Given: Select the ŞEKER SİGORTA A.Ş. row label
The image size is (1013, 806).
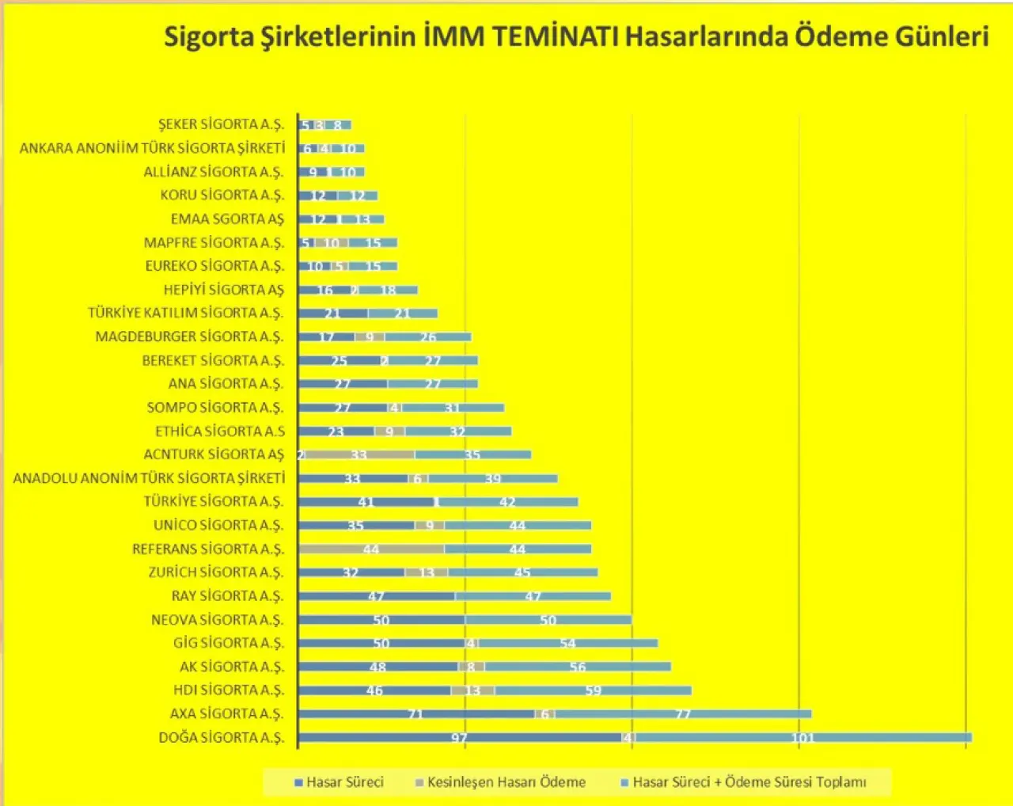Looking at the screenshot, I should click(221, 124).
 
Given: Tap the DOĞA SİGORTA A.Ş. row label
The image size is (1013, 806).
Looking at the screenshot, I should click(221, 737).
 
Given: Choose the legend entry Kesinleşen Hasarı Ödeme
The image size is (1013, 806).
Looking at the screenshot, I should click(500, 782).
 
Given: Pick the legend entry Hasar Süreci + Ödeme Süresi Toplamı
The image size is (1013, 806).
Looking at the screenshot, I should click(743, 782).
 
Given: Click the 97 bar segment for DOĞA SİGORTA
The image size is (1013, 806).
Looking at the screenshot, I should click(460, 738).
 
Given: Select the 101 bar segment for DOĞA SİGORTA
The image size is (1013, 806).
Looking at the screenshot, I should click(803, 738).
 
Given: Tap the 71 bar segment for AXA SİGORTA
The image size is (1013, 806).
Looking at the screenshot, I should click(416, 714).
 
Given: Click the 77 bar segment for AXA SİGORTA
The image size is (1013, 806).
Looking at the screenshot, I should click(683, 714).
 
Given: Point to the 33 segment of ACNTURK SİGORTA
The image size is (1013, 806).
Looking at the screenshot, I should click(359, 454).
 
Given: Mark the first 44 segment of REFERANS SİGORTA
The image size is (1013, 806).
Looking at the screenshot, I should click(371, 549).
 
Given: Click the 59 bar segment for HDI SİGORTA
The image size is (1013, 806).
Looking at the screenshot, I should click(593, 690).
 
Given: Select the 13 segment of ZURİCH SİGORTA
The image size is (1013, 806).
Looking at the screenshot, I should click(427, 572).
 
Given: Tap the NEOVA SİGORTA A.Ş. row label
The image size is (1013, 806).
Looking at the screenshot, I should click(217, 619).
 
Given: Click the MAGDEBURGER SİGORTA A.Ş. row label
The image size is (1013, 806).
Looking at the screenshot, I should click(189, 336).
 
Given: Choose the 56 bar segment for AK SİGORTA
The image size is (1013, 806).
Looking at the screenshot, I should click(578, 667).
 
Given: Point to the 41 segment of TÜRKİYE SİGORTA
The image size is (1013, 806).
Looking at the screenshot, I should click(366, 502).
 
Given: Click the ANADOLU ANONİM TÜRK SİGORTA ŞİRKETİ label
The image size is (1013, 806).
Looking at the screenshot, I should click(149, 478).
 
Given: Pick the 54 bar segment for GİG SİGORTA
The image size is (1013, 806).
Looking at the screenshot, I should click(568, 643).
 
